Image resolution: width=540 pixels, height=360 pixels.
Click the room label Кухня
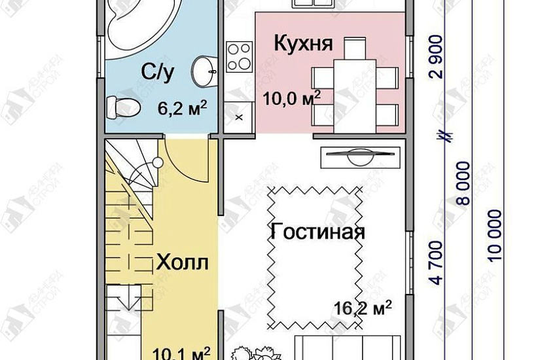coord(303,45)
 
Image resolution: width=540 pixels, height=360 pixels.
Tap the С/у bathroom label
coord(157,73)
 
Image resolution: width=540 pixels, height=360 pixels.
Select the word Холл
coord(182,263)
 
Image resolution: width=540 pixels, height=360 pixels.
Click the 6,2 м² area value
coord(178,107)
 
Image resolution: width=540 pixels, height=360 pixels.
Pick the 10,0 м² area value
coord(291,99)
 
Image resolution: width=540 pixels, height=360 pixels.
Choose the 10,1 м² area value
coord(181,353)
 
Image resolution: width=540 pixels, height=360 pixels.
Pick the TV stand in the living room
coord(360,156)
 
